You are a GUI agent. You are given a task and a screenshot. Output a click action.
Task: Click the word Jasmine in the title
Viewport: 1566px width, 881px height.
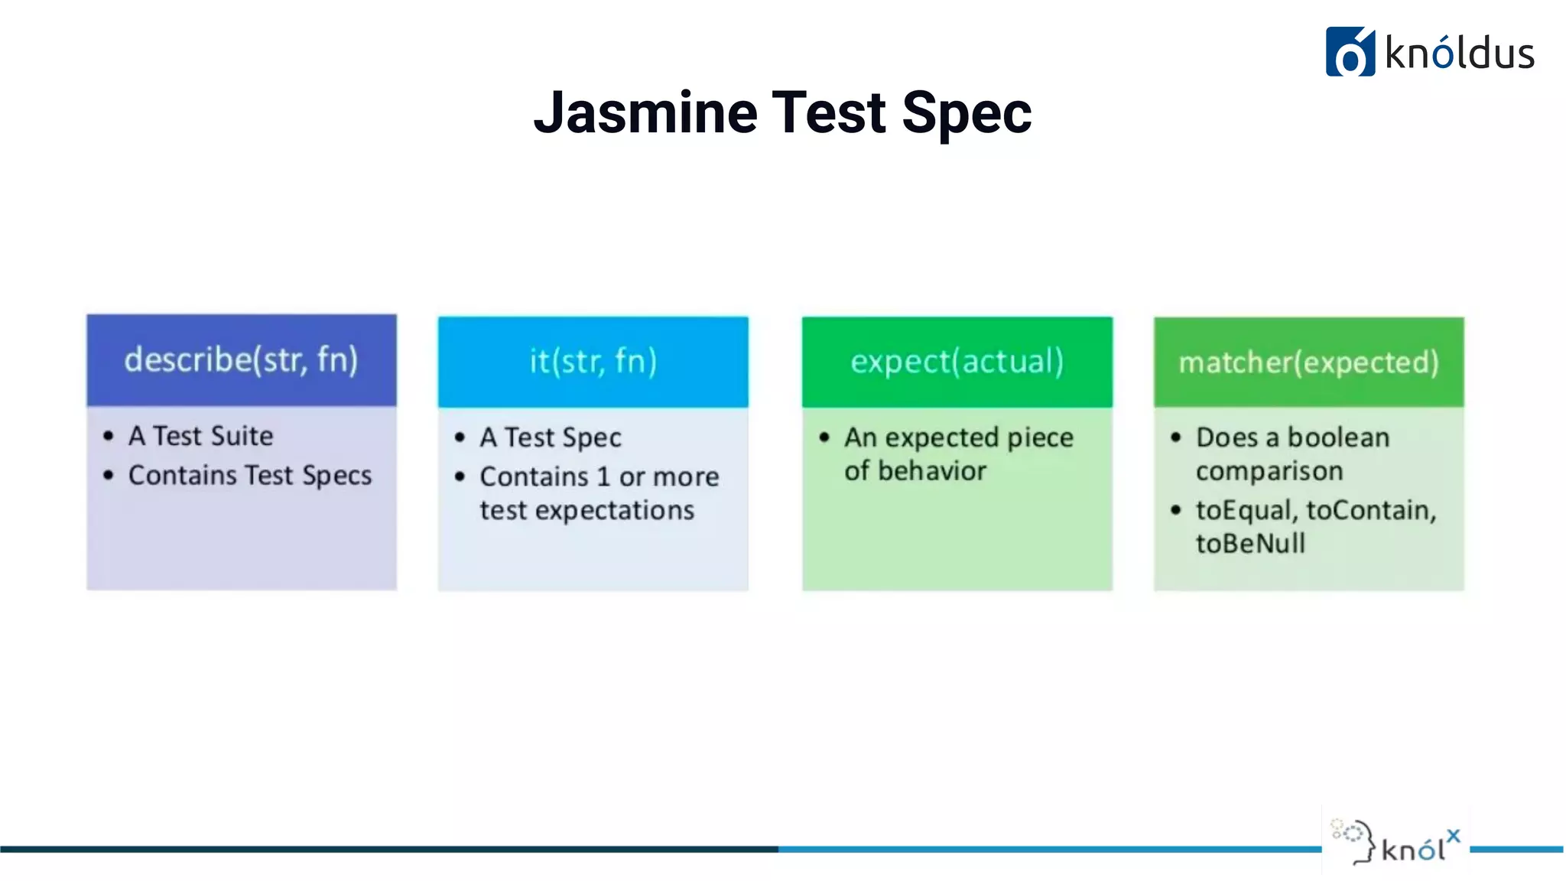coord(645,113)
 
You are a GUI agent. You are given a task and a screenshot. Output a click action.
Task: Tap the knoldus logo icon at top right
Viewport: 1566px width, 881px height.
coord(1350,52)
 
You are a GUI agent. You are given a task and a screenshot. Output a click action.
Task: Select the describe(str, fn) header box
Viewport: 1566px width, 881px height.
coord(242,360)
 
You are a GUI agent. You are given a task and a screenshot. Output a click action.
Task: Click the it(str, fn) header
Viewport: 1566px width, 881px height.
coord(593,362)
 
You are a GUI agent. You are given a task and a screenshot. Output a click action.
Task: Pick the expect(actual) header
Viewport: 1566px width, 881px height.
coord(957,362)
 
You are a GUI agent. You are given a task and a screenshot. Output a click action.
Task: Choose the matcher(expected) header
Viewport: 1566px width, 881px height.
coord(1308,362)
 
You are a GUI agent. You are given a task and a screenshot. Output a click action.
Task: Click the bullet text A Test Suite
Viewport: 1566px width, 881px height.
coord(200,436)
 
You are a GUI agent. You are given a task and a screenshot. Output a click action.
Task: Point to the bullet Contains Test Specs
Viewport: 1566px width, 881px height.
coord(249,476)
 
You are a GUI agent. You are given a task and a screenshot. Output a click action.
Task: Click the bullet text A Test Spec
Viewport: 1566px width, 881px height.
coord(551,437)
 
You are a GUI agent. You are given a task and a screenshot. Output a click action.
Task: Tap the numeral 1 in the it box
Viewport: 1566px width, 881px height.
coord(603,477)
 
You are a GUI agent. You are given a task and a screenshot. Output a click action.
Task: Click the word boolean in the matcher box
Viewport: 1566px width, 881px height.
coord(1338,437)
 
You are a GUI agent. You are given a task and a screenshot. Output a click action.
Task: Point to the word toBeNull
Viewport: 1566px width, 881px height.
coord(1250,544)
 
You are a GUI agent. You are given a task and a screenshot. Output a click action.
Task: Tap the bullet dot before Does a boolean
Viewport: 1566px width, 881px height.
coord(1176,437)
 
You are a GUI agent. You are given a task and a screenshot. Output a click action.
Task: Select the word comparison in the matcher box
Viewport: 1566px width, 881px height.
coord(1269,471)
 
